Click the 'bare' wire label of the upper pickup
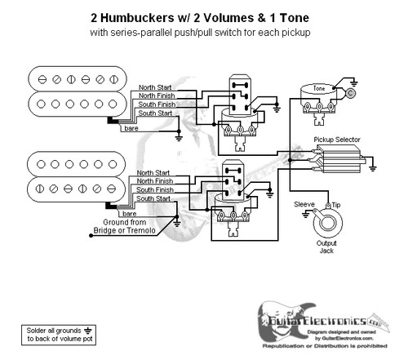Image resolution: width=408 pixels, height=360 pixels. tap(129, 128)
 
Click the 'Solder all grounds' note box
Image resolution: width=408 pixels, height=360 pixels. tap(53, 334)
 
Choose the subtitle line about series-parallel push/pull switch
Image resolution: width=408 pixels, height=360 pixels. tap(204, 33)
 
